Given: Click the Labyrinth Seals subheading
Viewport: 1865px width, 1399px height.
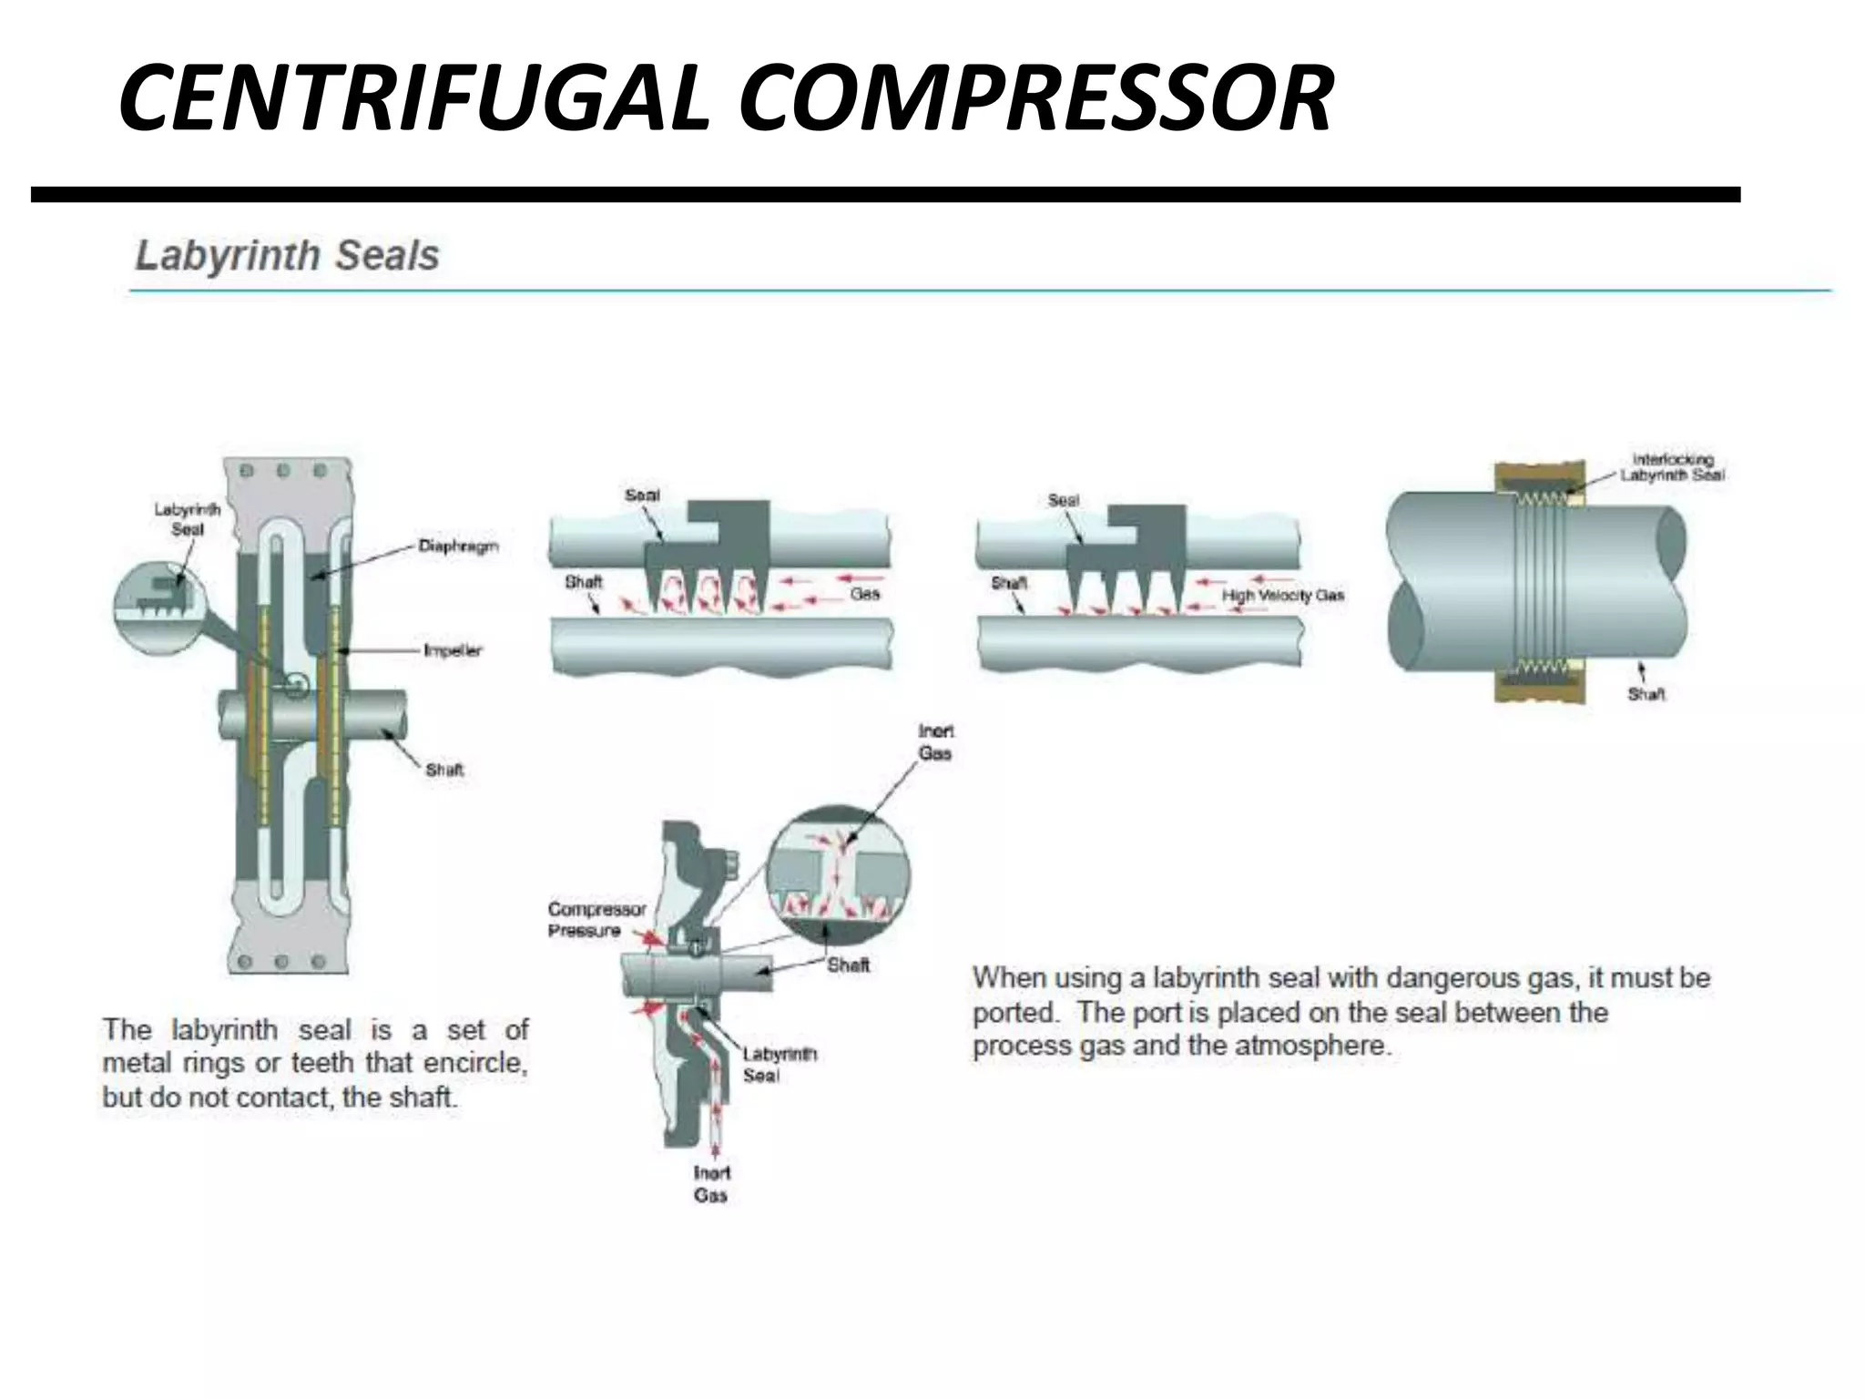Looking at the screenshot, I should pyautogui.click(x=287, y=256).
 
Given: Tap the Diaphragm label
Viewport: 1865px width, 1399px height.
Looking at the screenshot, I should pyautogui.click(x=458, y=546).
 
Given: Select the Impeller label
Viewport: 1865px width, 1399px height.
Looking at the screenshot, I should pyautogui.click(x=453, y=650).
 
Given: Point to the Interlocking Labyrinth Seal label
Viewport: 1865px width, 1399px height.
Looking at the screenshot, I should pyautogui.click(x=1672, y=467).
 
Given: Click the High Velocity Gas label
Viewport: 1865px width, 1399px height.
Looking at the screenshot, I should pyautogui.click(x=1282, y=596).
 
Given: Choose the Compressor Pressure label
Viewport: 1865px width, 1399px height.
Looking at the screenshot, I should pyautogui.click(x=596, y=920).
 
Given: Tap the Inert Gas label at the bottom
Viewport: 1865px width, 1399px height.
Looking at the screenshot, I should pyautogui.click(x=711, y=1184).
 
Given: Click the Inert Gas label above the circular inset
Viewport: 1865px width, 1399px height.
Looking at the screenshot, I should pyautogui.click(x=935, y=742).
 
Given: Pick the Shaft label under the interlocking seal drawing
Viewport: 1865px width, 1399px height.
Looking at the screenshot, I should pyautogui.click(x=1646, y=695).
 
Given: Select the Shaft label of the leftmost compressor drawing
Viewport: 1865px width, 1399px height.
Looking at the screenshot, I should pyautogui.click(x=444, y=770).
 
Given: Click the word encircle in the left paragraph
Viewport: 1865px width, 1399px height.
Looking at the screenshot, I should pyautogui.click(x=474, y=1063).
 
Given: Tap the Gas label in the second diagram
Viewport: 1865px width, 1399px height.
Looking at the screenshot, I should pyautogui.click(x=864, y=594).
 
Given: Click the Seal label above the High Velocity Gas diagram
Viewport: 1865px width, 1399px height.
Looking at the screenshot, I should pyautogui.click(x=1063, y=501).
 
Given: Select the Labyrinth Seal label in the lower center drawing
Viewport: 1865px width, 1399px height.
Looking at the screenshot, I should pyautogui.click(x=780, y=1065).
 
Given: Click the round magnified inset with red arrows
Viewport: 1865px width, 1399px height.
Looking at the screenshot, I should pyautogui.click(x=838, y=873).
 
